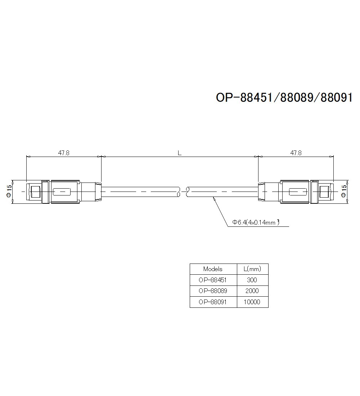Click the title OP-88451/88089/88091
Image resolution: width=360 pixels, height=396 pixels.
point(284,97)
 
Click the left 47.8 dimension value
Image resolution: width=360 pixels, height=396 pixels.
point(64,153)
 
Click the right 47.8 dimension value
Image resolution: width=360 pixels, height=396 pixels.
point(296,153)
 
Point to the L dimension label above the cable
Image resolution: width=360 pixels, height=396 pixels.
point(180,153)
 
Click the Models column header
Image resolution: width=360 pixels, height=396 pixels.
point(213,269)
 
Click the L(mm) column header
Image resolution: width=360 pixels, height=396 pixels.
point(252,269)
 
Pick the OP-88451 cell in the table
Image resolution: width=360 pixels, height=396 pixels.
point(213,280)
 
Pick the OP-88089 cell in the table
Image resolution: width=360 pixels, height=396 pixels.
point(213,291)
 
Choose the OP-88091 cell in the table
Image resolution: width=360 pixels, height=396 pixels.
point(213,302)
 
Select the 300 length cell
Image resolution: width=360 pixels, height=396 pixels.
point(252,280)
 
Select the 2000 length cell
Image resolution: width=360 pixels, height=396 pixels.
point(252,291)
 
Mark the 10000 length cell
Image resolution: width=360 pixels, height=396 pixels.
point(252,302)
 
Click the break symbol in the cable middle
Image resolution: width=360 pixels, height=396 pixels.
point(183,192)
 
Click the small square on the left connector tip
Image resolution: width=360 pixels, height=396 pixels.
point(35,192)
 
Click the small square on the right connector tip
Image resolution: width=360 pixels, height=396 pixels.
point(325,192)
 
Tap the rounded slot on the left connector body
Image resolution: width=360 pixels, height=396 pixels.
point(63,192)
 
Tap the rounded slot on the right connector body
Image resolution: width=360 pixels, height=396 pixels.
point(297,192)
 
